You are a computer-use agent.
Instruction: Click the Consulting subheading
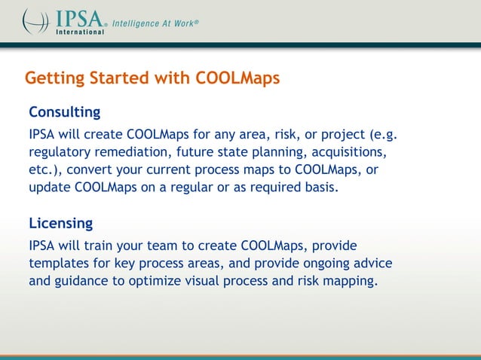65,113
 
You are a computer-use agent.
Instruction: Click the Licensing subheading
61,224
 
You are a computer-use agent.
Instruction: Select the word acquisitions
350,154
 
